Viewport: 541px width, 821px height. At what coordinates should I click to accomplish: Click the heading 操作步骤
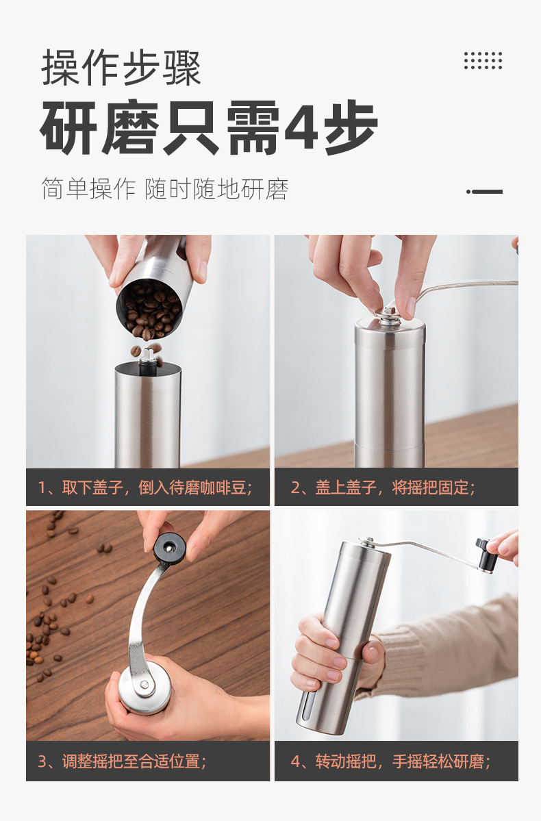click(121, 68)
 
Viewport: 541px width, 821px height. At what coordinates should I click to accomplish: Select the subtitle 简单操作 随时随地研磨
click(164, 189)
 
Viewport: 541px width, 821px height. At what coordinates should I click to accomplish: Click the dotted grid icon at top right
click(483, 60)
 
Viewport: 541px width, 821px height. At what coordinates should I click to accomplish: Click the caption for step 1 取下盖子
click(145, 488)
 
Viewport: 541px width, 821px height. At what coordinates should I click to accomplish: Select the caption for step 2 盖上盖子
click(383, 488)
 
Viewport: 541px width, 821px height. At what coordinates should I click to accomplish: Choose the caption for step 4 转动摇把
click(390, 761)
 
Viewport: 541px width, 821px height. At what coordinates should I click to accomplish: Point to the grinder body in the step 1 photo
click(147, 418)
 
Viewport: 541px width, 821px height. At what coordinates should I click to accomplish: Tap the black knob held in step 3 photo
click(168, 548)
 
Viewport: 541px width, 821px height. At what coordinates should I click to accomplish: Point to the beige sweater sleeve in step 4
click(452, 651)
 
